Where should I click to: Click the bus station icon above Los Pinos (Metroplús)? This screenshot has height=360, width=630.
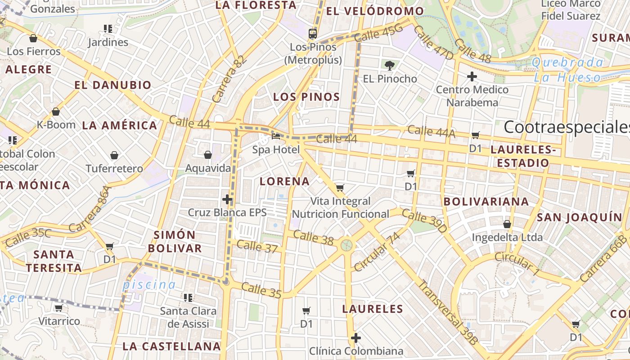[312, 33]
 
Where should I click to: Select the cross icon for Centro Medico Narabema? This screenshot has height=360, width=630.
[472, 76]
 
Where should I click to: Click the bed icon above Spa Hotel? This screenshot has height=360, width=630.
[276, 136]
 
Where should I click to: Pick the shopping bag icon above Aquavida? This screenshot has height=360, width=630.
[208, 155]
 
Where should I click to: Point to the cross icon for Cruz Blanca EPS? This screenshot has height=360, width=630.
[227, 199]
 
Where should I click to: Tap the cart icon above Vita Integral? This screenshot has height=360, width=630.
[340, 188]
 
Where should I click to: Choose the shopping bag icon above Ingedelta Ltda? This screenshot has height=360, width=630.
[507, 224]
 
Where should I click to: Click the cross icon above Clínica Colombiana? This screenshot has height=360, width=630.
[356, 337]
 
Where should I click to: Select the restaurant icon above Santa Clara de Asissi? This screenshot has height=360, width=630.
[188, 297]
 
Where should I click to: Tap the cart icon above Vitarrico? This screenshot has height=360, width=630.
[58, 308]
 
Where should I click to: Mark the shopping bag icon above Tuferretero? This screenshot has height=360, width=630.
[114, 155]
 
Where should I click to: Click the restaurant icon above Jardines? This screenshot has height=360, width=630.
[108, 29]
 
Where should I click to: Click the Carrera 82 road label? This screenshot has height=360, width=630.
[230, 79]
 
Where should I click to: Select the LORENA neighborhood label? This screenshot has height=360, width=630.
[284, 181]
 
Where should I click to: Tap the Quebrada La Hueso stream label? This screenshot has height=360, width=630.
[567, 70]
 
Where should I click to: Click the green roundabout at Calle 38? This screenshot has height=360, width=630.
[346, 245]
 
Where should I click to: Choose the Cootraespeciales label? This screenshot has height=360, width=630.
[567, 127]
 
